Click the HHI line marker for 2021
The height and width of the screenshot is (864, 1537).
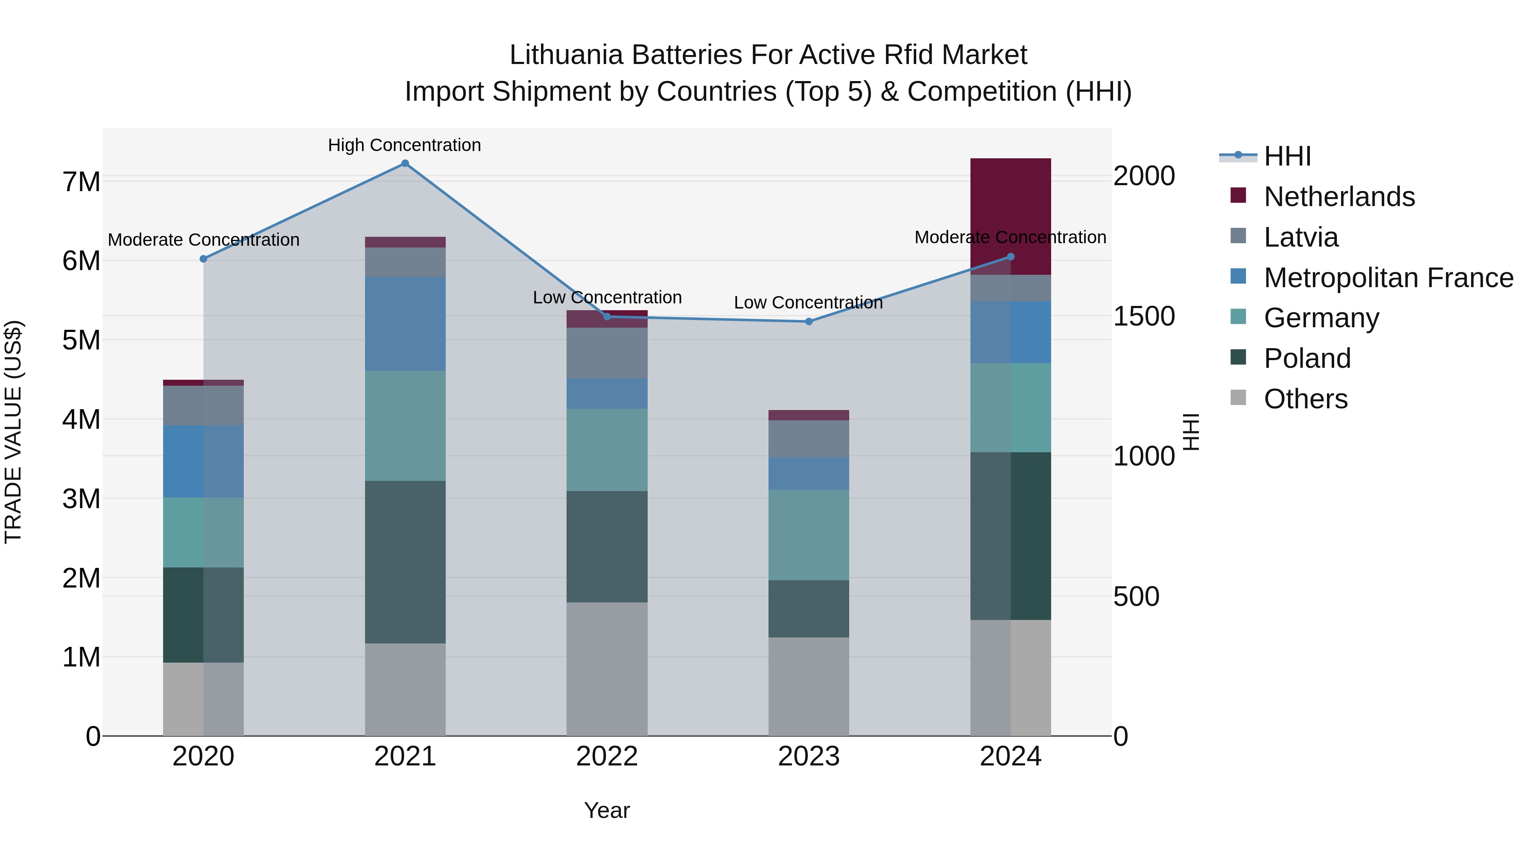pos(405,163)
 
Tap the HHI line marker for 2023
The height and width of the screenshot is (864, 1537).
pos(809,321)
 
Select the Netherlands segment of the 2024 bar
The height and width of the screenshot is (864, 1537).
pos(1010,216)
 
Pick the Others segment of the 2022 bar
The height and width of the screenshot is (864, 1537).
pos(607,669)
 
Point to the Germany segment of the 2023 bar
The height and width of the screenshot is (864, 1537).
pos(809,535)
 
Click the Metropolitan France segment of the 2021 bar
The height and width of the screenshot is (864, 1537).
pos(405,324)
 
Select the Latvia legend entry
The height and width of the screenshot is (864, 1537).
pos(1301,237)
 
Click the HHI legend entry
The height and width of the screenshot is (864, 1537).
pos(1287,156)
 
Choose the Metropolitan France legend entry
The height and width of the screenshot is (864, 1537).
pos(1388,278)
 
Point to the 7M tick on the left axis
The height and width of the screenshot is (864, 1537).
pos(81,182)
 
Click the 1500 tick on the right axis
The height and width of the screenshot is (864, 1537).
pos(1144,316)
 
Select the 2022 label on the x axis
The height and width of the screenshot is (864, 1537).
pos(607,756)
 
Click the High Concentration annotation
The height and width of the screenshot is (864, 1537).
pos(405,145)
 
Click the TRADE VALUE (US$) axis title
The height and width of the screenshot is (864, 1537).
pos(13,432)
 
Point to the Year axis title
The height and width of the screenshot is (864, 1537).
pos(607,810)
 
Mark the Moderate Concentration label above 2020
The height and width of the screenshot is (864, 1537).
pos(204,240)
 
